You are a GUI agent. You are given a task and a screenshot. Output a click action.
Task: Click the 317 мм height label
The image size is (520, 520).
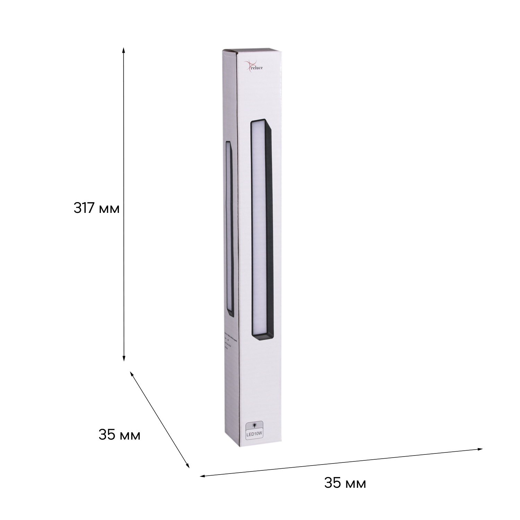96,208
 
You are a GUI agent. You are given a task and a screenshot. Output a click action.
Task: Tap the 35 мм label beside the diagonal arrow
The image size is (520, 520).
119,435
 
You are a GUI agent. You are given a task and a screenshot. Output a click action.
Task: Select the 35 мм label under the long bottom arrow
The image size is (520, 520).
345,483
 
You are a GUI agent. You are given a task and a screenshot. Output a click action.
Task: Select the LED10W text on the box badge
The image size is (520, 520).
254,434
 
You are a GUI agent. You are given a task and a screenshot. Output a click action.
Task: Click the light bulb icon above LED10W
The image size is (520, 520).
254,424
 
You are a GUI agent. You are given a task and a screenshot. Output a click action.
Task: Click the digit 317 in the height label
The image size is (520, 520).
85,208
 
